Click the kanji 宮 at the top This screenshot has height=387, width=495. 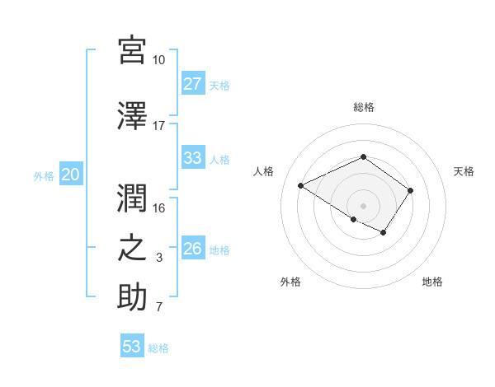pos(132,50)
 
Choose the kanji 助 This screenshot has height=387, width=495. pos(132,296)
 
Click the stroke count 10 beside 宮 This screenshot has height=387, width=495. pos(159,60)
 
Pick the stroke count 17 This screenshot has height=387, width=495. pos(159,126)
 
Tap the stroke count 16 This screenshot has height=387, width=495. pos(159,207)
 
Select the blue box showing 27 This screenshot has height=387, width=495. pos(193,83)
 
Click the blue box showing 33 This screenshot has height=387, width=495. pos(193,158)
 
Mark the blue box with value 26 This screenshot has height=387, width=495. pos(193,249)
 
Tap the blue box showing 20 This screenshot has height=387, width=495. pos(71,174)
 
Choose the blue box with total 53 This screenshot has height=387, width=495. pos(132,347)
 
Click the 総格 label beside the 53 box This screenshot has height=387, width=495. pos(159,348)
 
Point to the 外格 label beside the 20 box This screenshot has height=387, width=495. pos(44,175)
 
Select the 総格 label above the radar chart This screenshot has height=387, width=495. pos(363,107)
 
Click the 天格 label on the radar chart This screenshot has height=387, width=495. pos(464,171)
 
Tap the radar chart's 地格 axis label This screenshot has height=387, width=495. pos(432,282)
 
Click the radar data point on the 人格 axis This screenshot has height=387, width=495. pos(301,186)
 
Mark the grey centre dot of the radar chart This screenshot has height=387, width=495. pos(363,205)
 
